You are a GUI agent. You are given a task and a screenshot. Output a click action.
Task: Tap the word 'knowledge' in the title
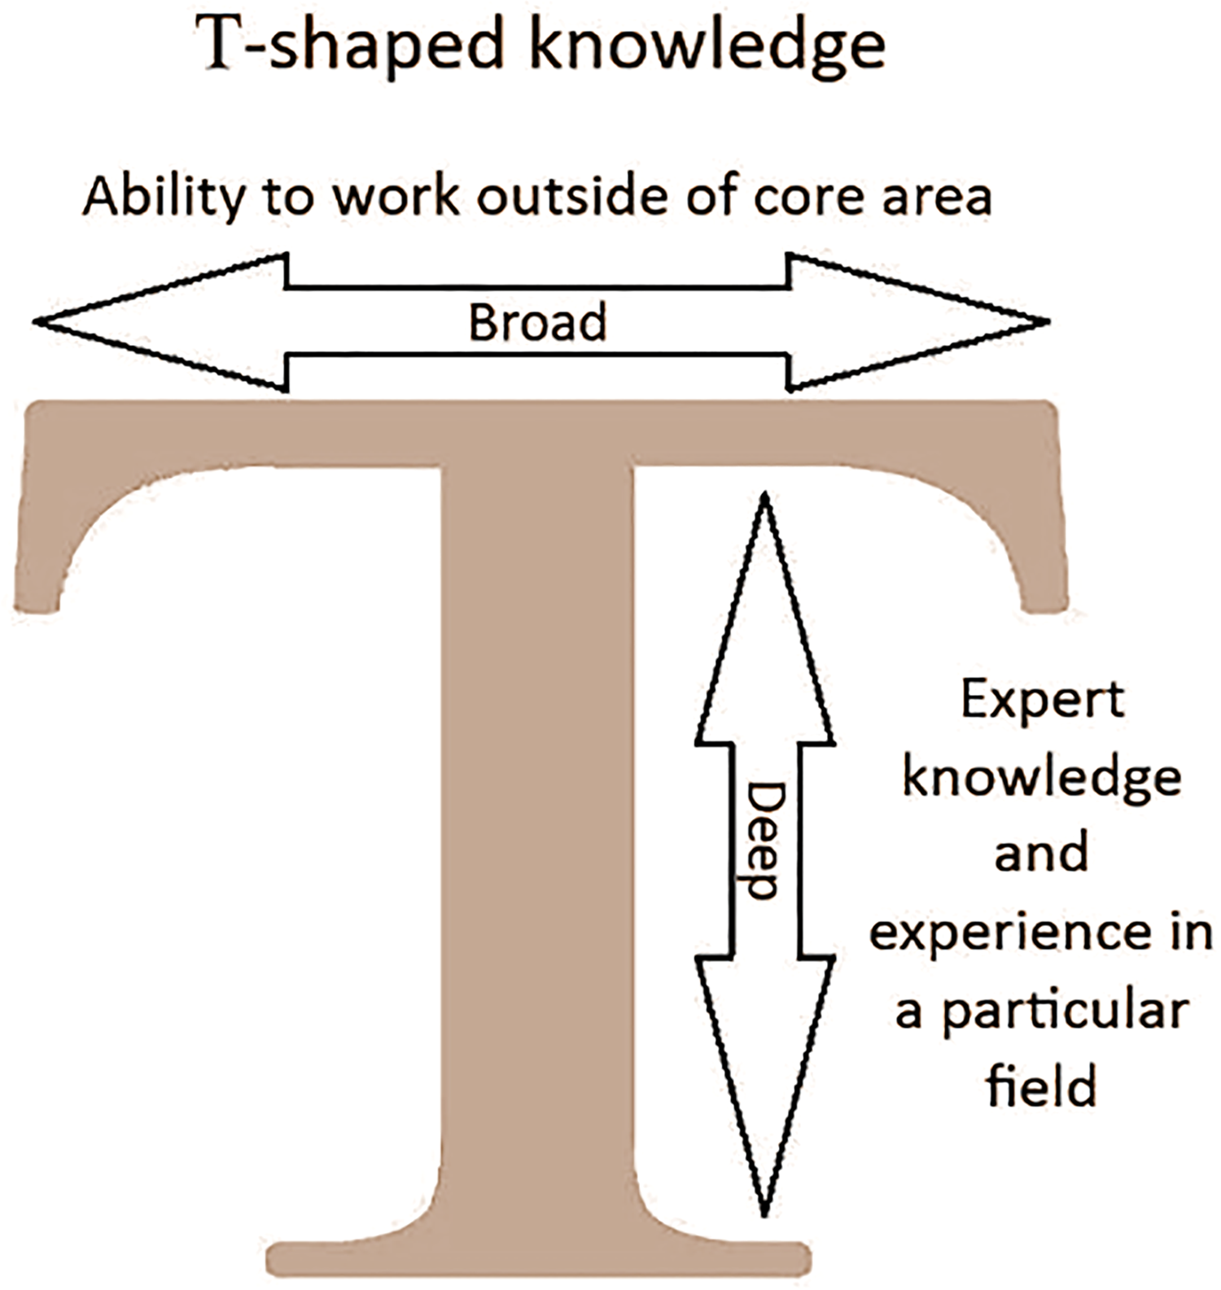coord(707,46)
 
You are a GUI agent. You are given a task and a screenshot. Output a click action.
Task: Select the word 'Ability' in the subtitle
coord(164,198)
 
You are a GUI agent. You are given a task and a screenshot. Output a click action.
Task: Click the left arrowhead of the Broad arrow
coord(160,322)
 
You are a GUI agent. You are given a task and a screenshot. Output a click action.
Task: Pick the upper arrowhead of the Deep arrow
coord(765,618)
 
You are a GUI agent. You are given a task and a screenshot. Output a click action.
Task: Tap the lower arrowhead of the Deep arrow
coord(765,1086)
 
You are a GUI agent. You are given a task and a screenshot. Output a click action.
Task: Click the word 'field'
coord(1042,1085)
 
